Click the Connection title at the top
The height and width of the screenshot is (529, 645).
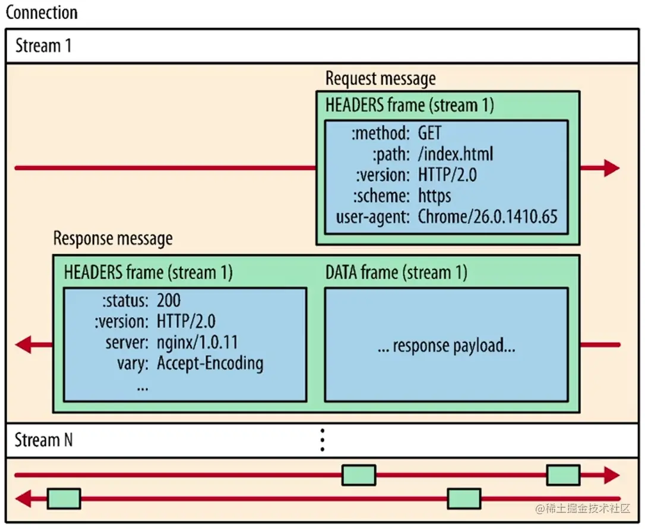[x=42, y=12]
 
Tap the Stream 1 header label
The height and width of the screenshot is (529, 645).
[x=43, y=46]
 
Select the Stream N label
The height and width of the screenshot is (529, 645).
[x=43, y=441]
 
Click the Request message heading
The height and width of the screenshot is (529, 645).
[x=380, y=78]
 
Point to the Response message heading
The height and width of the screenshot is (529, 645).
[x=113, y=239]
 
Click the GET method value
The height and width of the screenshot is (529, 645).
[x=429, y=132]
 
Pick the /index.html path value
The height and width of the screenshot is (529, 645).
[x=455, y=154]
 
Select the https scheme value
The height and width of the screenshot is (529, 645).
[x=434, y=195]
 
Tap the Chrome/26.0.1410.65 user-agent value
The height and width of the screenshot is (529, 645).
[x=488, y=216]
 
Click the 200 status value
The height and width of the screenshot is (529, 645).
[x=169, y=301]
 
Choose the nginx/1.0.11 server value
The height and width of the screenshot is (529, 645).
[x=197, y=342]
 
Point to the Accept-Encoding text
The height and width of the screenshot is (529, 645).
[x=210, y=363]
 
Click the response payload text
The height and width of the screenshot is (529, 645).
[x=446, y=346]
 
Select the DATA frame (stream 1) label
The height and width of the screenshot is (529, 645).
[x=396, y=273]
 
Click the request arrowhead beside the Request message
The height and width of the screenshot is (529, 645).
[x=611, y=168]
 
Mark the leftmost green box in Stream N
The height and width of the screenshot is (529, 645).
[x=64, y=499]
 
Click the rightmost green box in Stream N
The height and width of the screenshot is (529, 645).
[x=562, y=475]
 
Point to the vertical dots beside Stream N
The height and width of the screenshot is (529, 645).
[x=322, y=441]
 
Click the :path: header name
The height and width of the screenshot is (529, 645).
[x=391, y=154]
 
